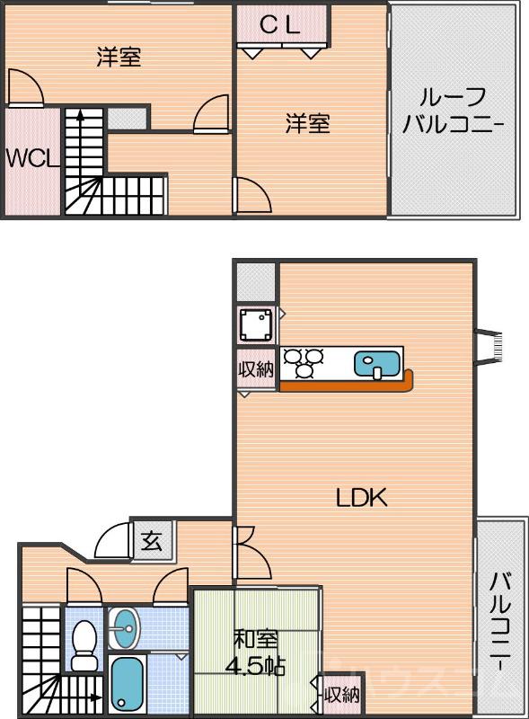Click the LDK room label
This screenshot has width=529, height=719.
coord(361,497)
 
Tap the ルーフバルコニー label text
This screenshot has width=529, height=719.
coord(453,111)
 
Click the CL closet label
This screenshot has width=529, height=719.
coord(279,26)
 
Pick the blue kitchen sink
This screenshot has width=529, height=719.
coord(375,364)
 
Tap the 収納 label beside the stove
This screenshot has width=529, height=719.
coord(255,369)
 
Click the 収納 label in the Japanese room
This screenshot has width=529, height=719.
coord(341,694)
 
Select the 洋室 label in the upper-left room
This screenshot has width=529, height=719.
coord(119,58)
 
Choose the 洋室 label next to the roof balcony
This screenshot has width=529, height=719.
coord(307,123)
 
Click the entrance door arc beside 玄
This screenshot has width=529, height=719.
coord(114,540)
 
